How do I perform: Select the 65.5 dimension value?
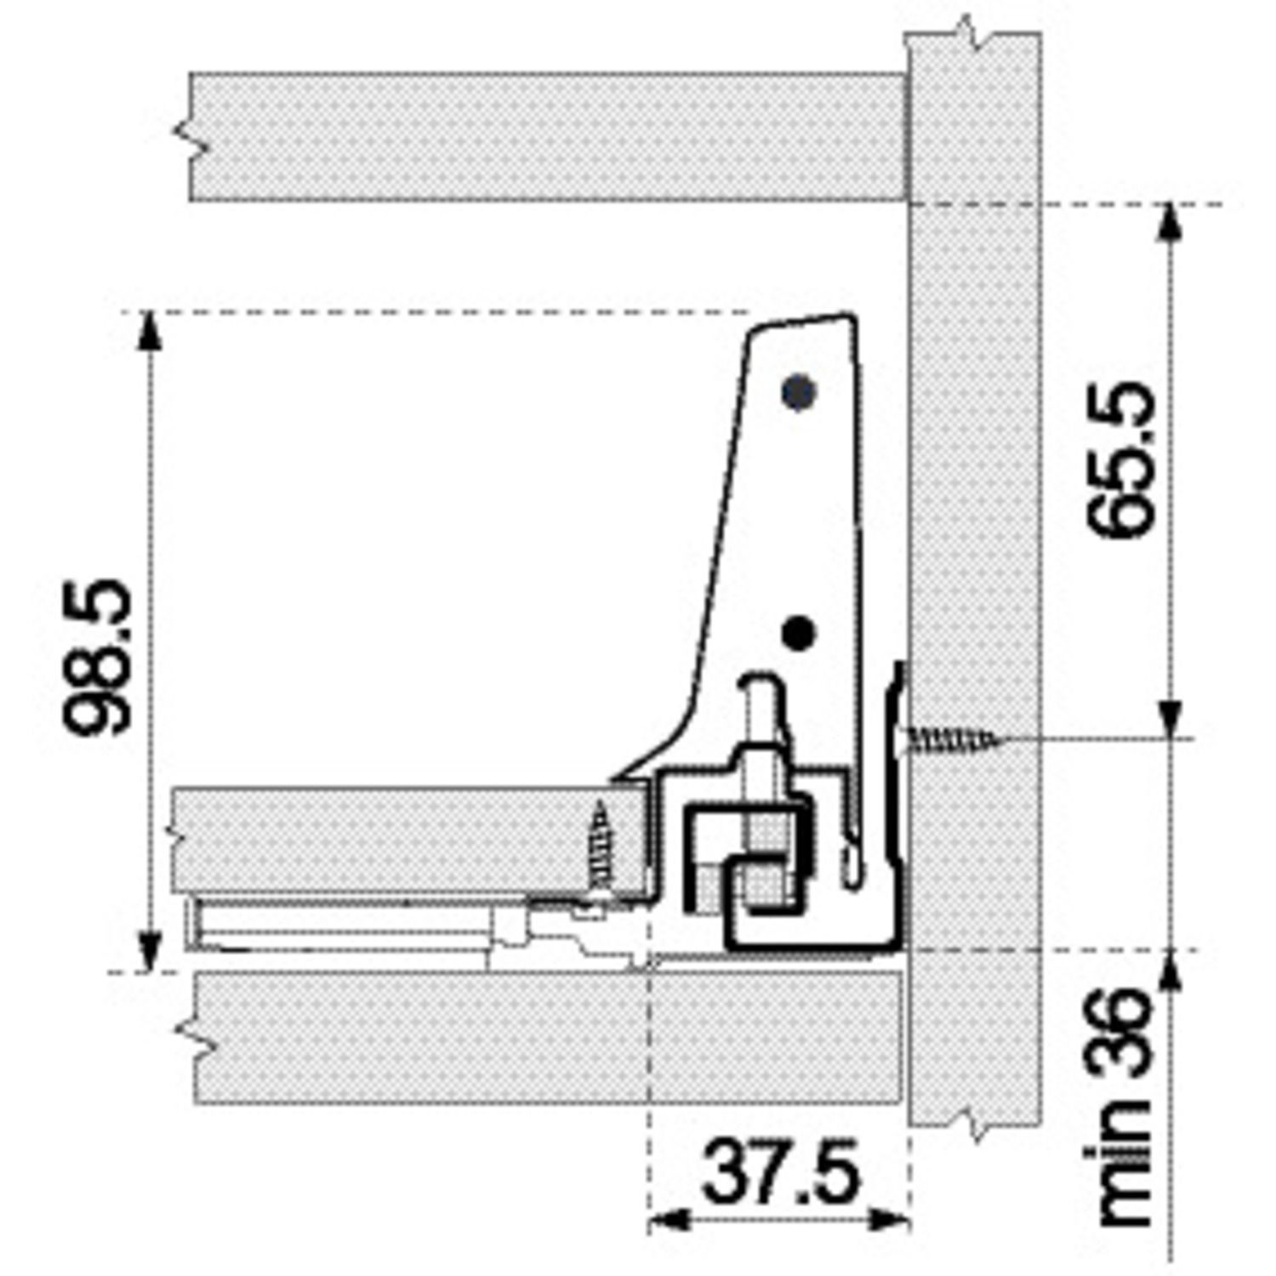(1123, 460)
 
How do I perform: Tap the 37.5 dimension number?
(781, 1173)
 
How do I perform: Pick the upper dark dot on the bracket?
(799, 392)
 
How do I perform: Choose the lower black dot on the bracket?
(798, 633)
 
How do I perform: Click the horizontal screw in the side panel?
(953, 739)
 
